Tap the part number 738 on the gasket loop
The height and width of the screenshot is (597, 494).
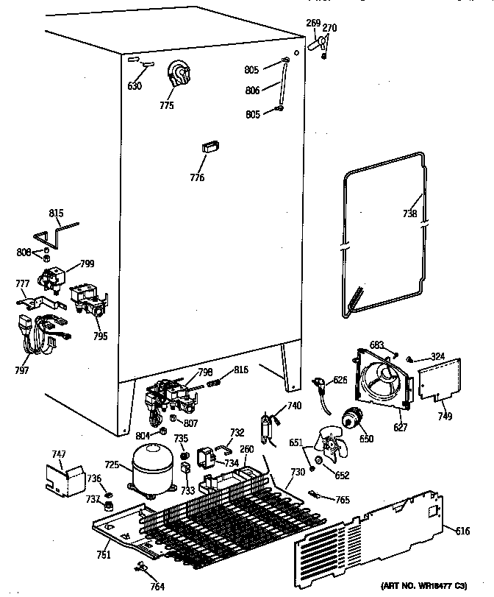click(x=410, y=214)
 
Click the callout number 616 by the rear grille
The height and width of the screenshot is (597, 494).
click(x=462, y=531)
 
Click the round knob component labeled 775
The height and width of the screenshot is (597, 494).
click(x=177, y=75)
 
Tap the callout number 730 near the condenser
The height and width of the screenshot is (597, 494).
click(x=297, y=472)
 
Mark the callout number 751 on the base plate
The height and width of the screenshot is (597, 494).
click(x=104, y=554)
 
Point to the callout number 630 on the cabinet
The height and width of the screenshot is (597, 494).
click(x=134, y=86)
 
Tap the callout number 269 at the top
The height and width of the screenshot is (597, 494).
click(x=314, y=24)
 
